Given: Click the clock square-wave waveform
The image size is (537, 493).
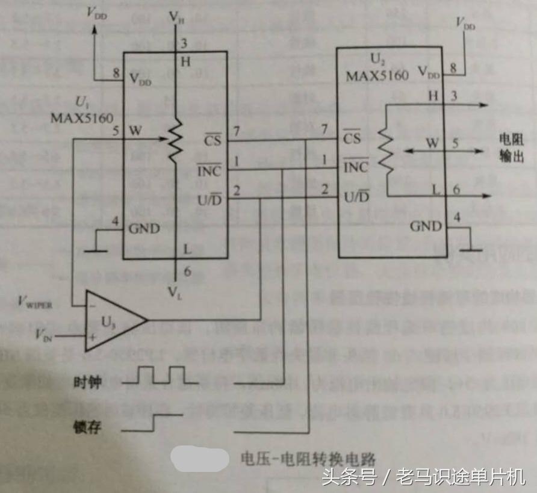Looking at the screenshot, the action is pos(161,375).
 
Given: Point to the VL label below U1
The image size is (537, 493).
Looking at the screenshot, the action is pos(175,294).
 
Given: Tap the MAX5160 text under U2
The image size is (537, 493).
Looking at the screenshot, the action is pos(377,75).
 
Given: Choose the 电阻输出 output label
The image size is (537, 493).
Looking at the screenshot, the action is pos(511,147).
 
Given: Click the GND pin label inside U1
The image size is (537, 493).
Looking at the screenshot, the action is pos(144,229).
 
